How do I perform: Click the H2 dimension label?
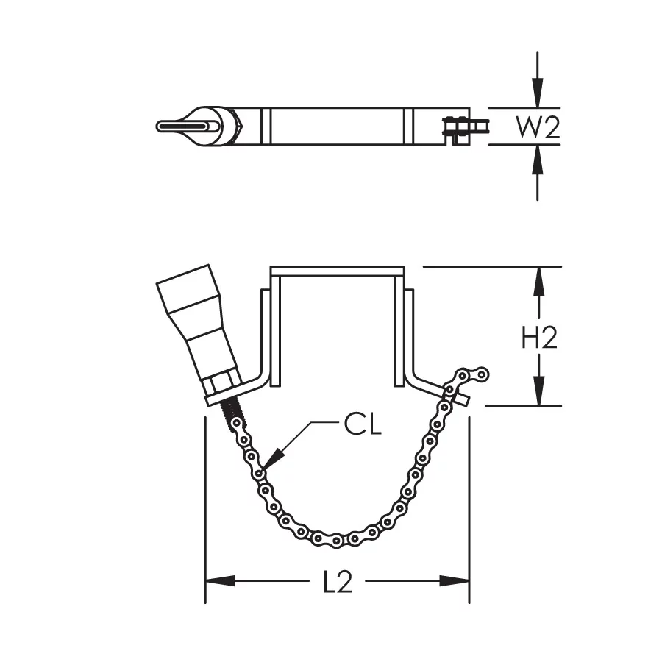(x=539, y=338)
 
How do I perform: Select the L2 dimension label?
(x=338, y=582)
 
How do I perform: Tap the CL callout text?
(x=363, y=425)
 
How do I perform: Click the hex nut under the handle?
(x=221, y=383)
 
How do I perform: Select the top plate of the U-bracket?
(x=338, y=271)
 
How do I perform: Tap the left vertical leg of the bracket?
(x=266, y=335)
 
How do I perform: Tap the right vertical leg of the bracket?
(x=409, y=335)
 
